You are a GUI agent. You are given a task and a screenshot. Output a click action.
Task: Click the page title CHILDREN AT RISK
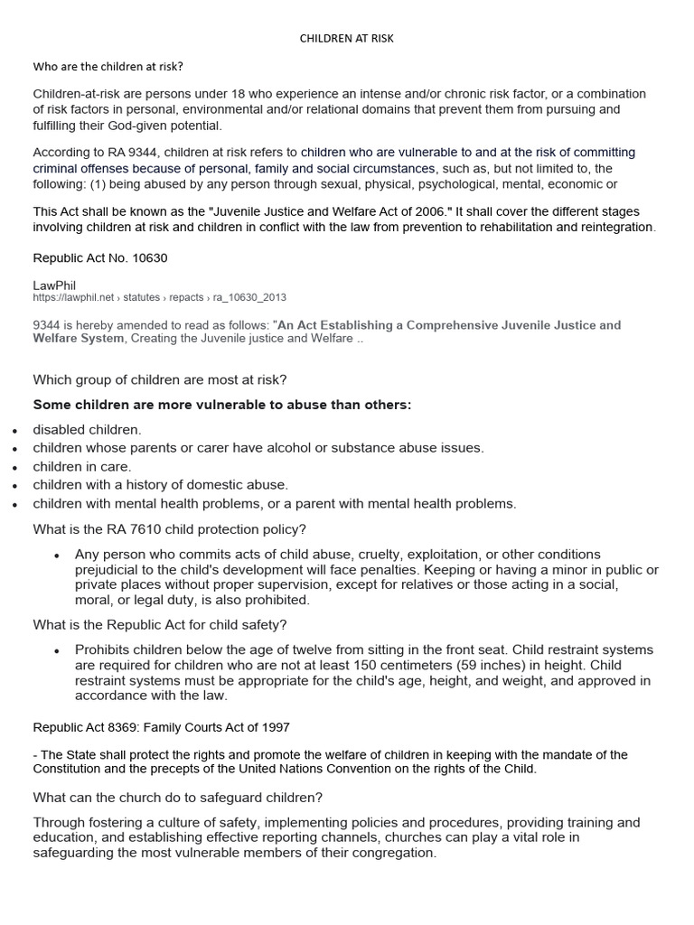coord(346,39)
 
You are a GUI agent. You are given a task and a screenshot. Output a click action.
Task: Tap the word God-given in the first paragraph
coord(179,125)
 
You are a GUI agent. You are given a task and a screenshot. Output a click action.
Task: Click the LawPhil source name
coord(55,285)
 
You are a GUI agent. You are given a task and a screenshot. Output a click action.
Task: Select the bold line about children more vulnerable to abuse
coord(222,405)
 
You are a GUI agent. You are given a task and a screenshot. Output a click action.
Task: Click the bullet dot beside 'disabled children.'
coord(14,431)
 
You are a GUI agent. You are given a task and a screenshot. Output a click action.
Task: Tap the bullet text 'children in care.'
coord(82,467)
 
